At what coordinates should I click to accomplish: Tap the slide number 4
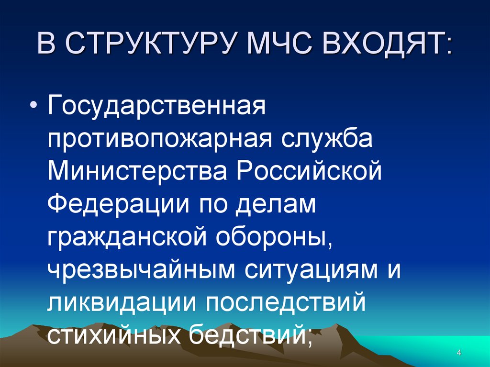pyautogui.click(x=458, y=353)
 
